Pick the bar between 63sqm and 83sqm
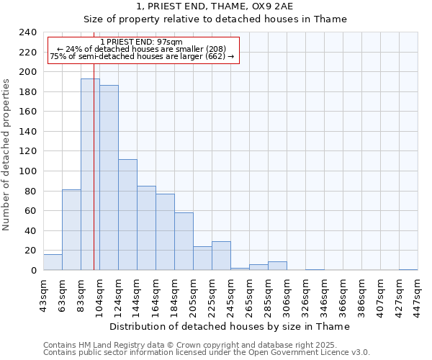[x=71, y=230]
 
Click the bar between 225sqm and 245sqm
[x=221, y=256]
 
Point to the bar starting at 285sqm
[x=277, y=266]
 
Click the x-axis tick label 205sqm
[x=193, y=294]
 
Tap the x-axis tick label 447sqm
[x=418, y=294]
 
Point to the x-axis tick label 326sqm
[x=305, y=294]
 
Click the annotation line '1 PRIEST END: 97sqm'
[x=142, y=42]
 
